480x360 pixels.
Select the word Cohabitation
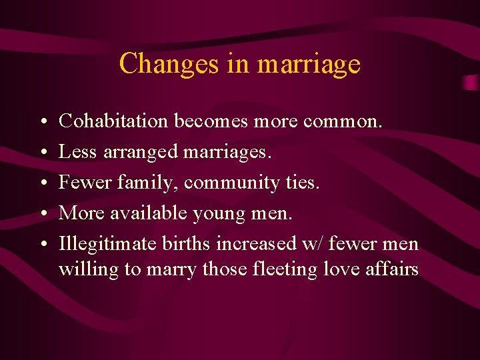pyautogui.click(x=113, y=121)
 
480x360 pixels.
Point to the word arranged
pyautogui.click(x=141, y=153)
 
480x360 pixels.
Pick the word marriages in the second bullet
pyautogui.click(x=227, y=153)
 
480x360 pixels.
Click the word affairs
pyautogui.click(x=393, y=269)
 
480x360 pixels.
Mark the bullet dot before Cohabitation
pyautogui.click(x=43, y=122)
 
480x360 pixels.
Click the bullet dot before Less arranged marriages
pyautogui.click(x=43, y=153)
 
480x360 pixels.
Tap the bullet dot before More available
pyautogui.click(x=43, y=214)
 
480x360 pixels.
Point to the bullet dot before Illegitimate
pyautogui.click(x=43, y=245)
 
